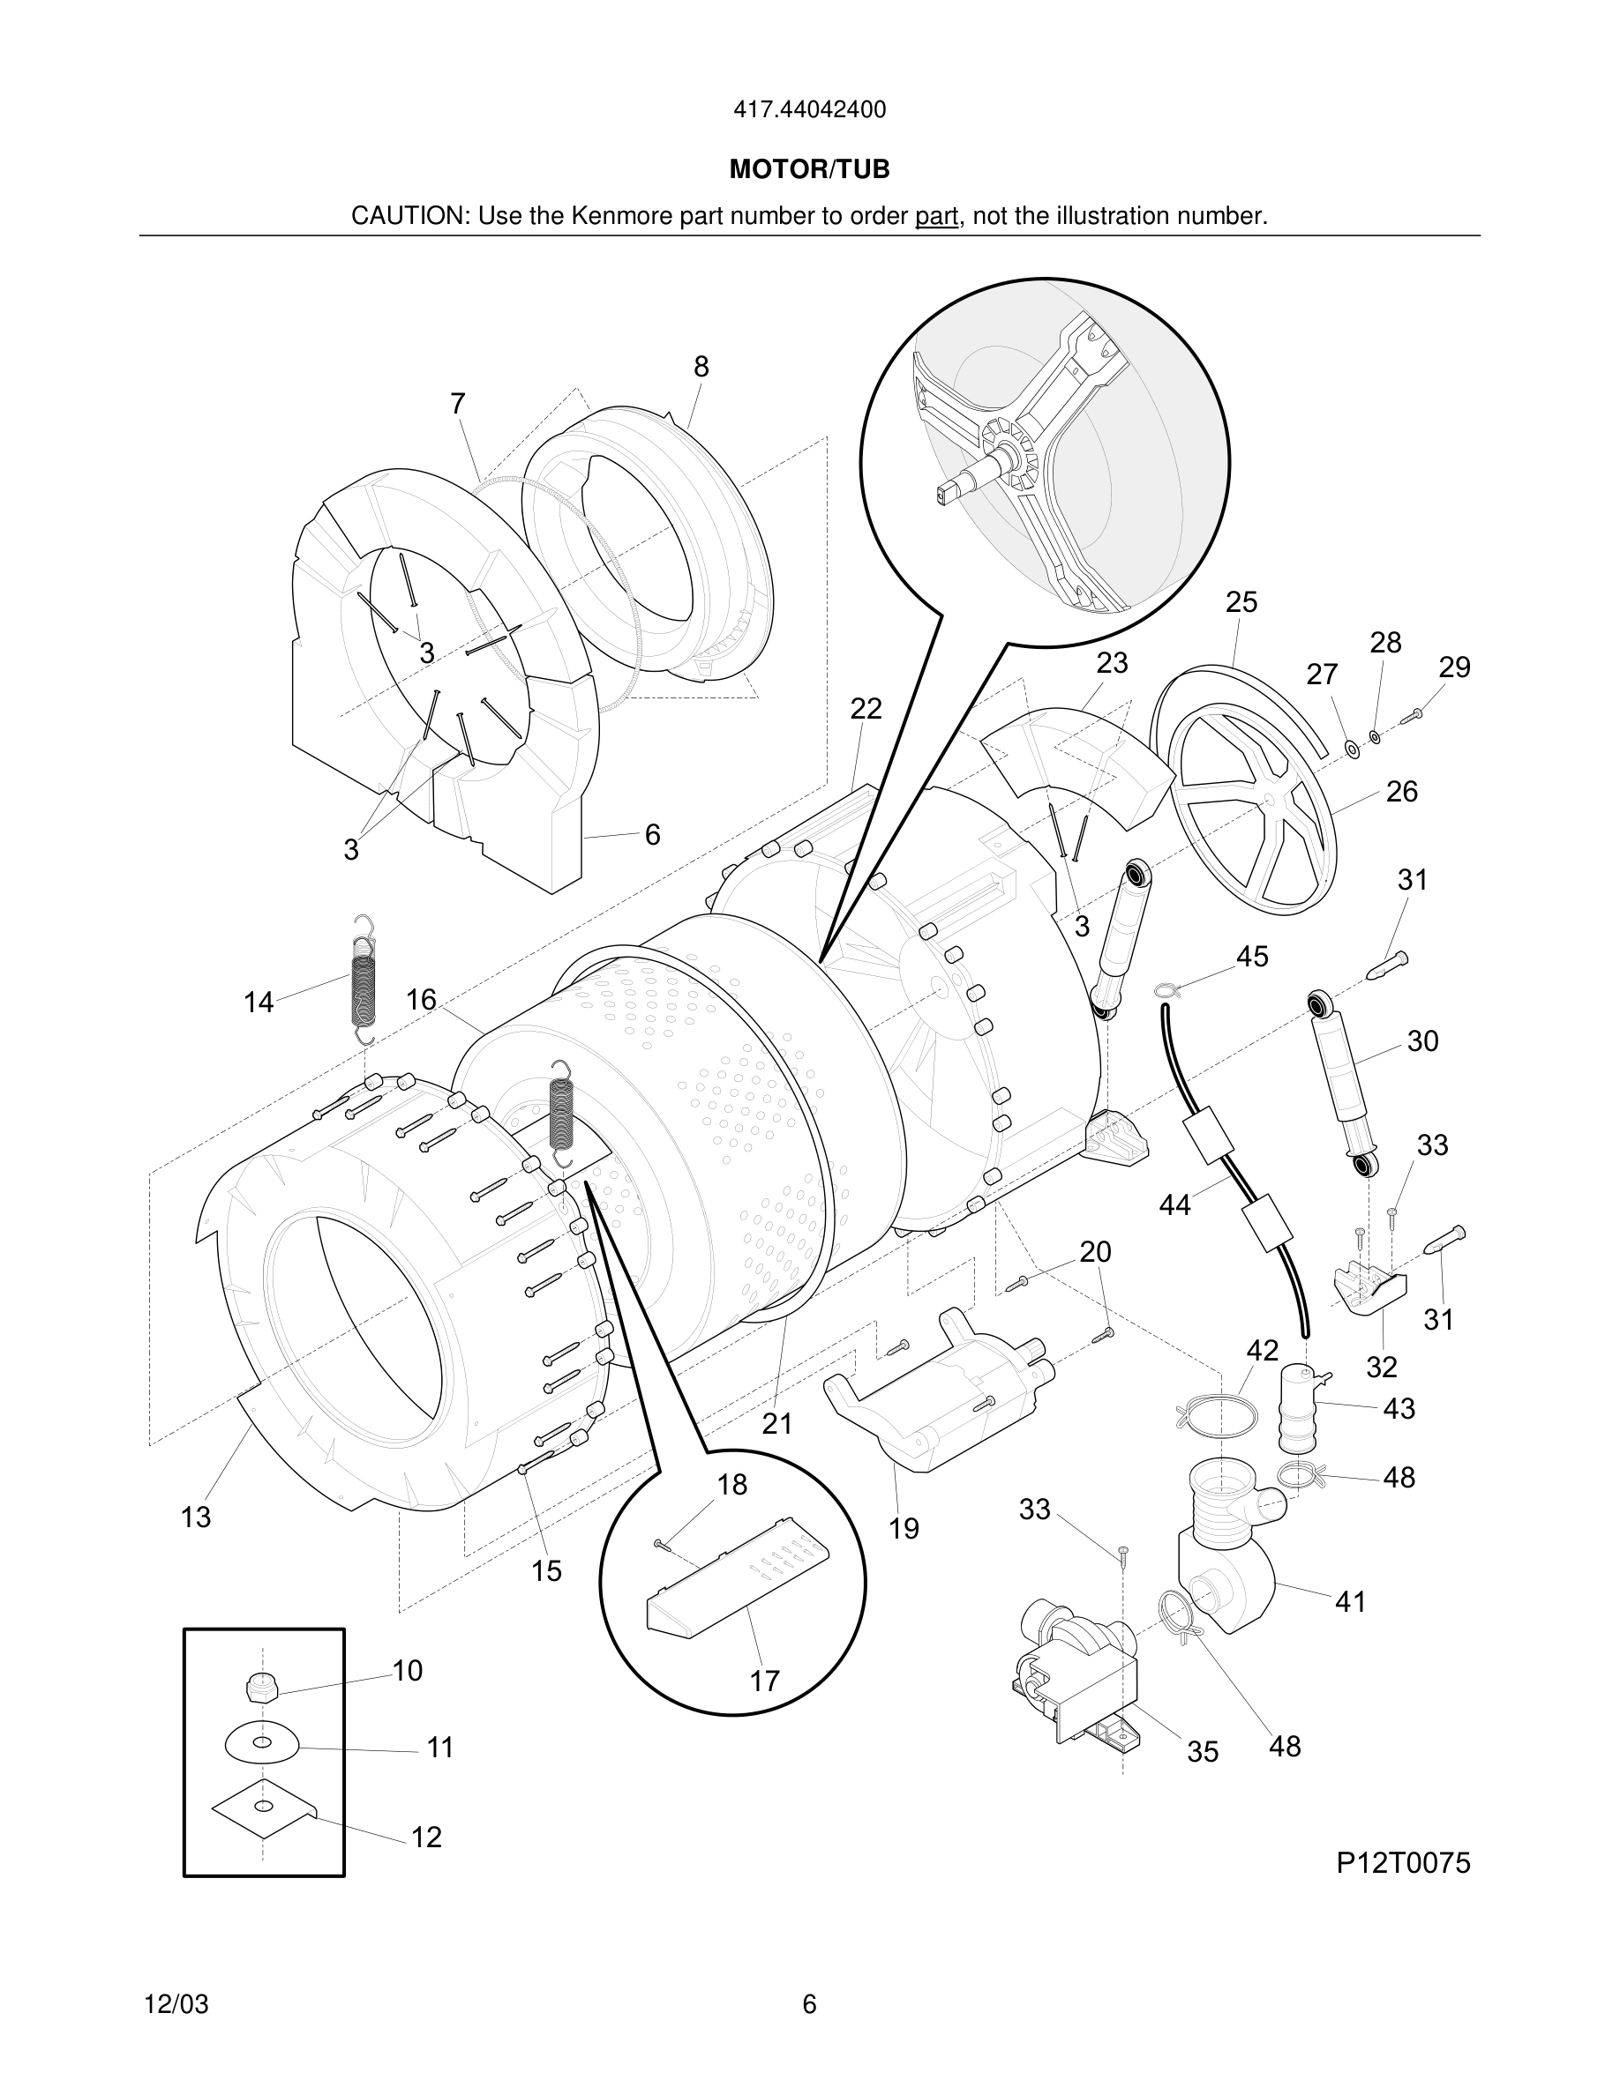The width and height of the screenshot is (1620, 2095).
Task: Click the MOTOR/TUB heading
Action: (x=809, y=170)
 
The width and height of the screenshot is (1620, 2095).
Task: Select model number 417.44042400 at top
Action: (x=809, y=110)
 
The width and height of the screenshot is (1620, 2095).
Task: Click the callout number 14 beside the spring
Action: (x=259, y=1003)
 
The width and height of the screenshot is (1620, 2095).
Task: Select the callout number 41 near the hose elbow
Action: (x=1350, y=1601)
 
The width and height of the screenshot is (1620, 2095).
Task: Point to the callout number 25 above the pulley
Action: (x=1241, y=602)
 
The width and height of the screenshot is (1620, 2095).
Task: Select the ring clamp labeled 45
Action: (x=1164, y=990)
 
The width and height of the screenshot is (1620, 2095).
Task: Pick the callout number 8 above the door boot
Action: (x=701, y=367)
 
